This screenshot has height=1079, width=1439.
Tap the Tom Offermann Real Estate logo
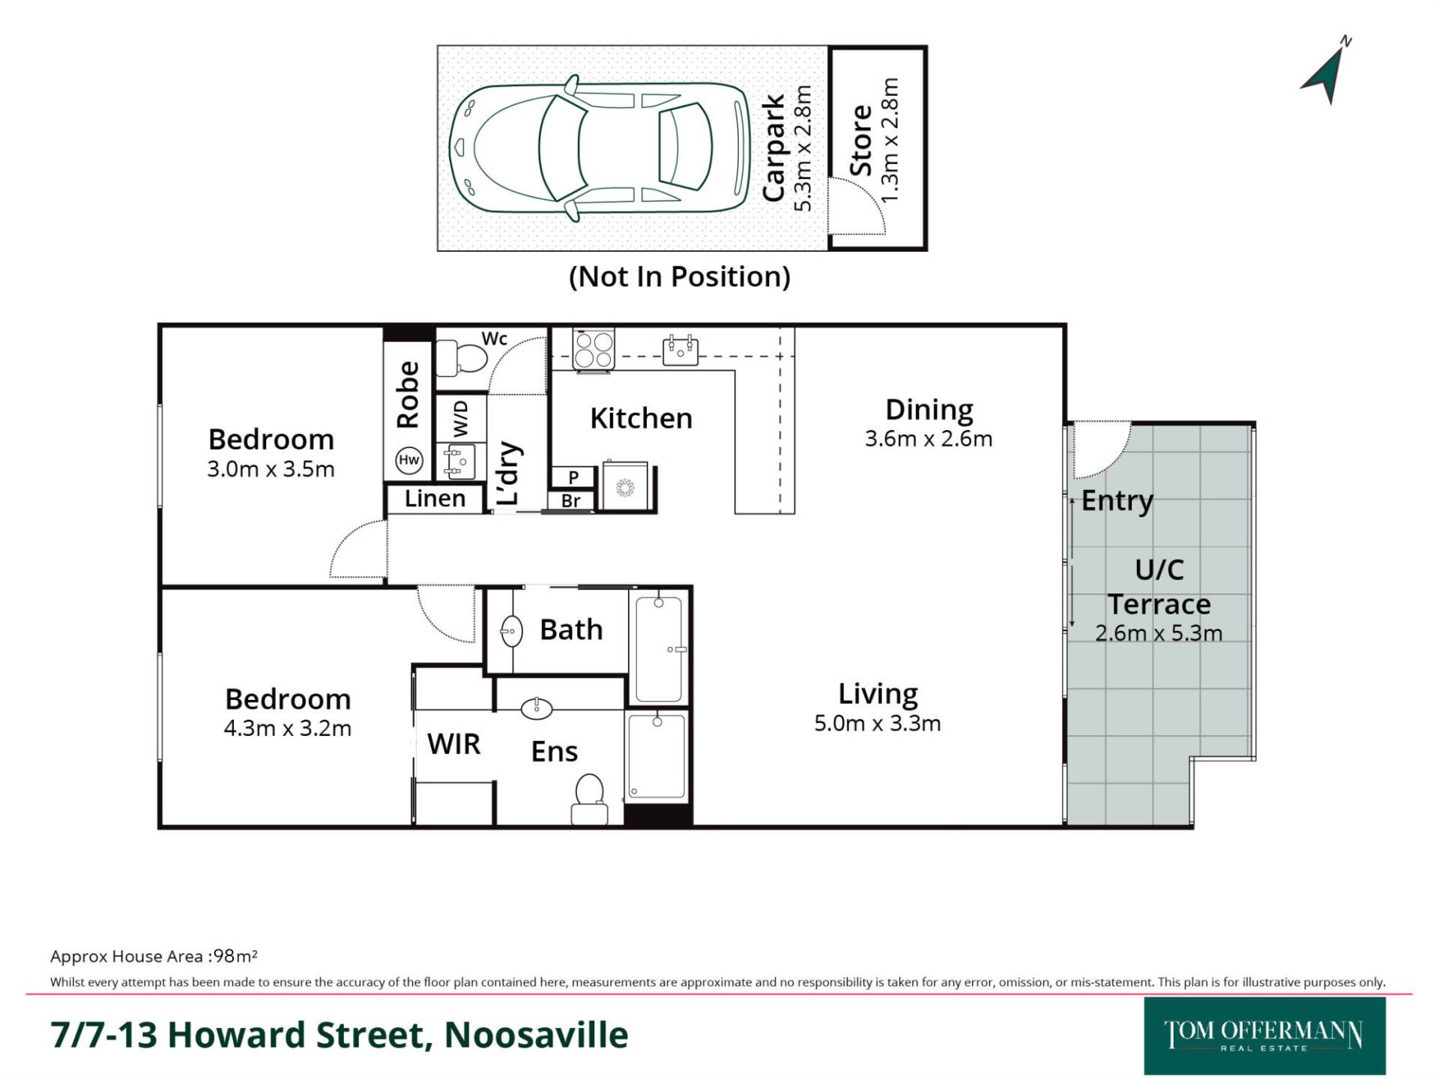(x=1264, y=1036)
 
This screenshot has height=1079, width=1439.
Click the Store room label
(x=860, y=141)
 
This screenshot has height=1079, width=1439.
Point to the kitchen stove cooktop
(x=594, y=349)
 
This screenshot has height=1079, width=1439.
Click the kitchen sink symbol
(x=681, y=350)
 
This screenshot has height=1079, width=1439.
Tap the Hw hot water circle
(x=408, y=460)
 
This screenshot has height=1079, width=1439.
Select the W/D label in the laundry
(x=460, y=418)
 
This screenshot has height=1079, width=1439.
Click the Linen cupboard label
(x=435, y=498)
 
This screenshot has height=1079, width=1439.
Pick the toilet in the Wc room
(x=461, y=358)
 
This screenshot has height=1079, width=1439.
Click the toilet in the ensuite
(x=589, y=800)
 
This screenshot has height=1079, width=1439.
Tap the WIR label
(x=453, y=744)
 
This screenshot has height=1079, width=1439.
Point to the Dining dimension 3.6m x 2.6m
(x=929, y=438)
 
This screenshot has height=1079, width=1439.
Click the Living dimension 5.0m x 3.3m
(x=878, y=723)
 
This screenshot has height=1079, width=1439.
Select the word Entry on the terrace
(x=1117, y=501)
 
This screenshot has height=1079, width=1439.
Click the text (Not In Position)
(x=680, y=276)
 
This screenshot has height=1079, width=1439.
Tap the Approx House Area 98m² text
(x=154, y=956)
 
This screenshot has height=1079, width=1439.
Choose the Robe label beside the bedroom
(x=408, y=395)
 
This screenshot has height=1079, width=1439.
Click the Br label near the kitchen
(x=571, y=501)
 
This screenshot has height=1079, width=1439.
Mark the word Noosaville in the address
(x=537, y=1035)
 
